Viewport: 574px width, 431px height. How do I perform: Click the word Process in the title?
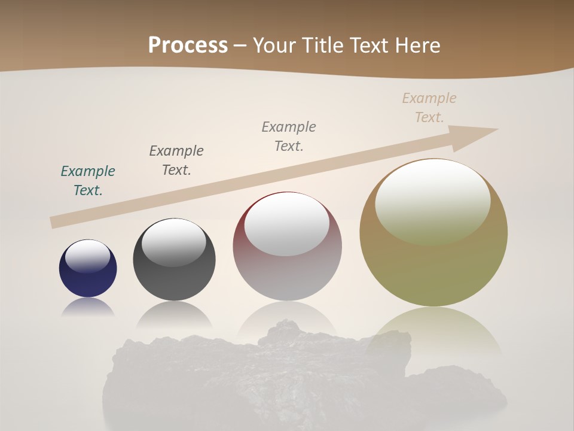point(188,45)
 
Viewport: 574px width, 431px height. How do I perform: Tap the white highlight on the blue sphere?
point(88,256)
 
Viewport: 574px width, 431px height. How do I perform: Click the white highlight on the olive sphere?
point(432,201)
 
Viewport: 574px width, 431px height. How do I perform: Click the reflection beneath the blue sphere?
point(88,308)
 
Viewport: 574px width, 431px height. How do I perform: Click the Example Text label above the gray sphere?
point(176,160)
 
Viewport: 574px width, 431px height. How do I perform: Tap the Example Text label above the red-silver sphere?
point(289,136)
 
